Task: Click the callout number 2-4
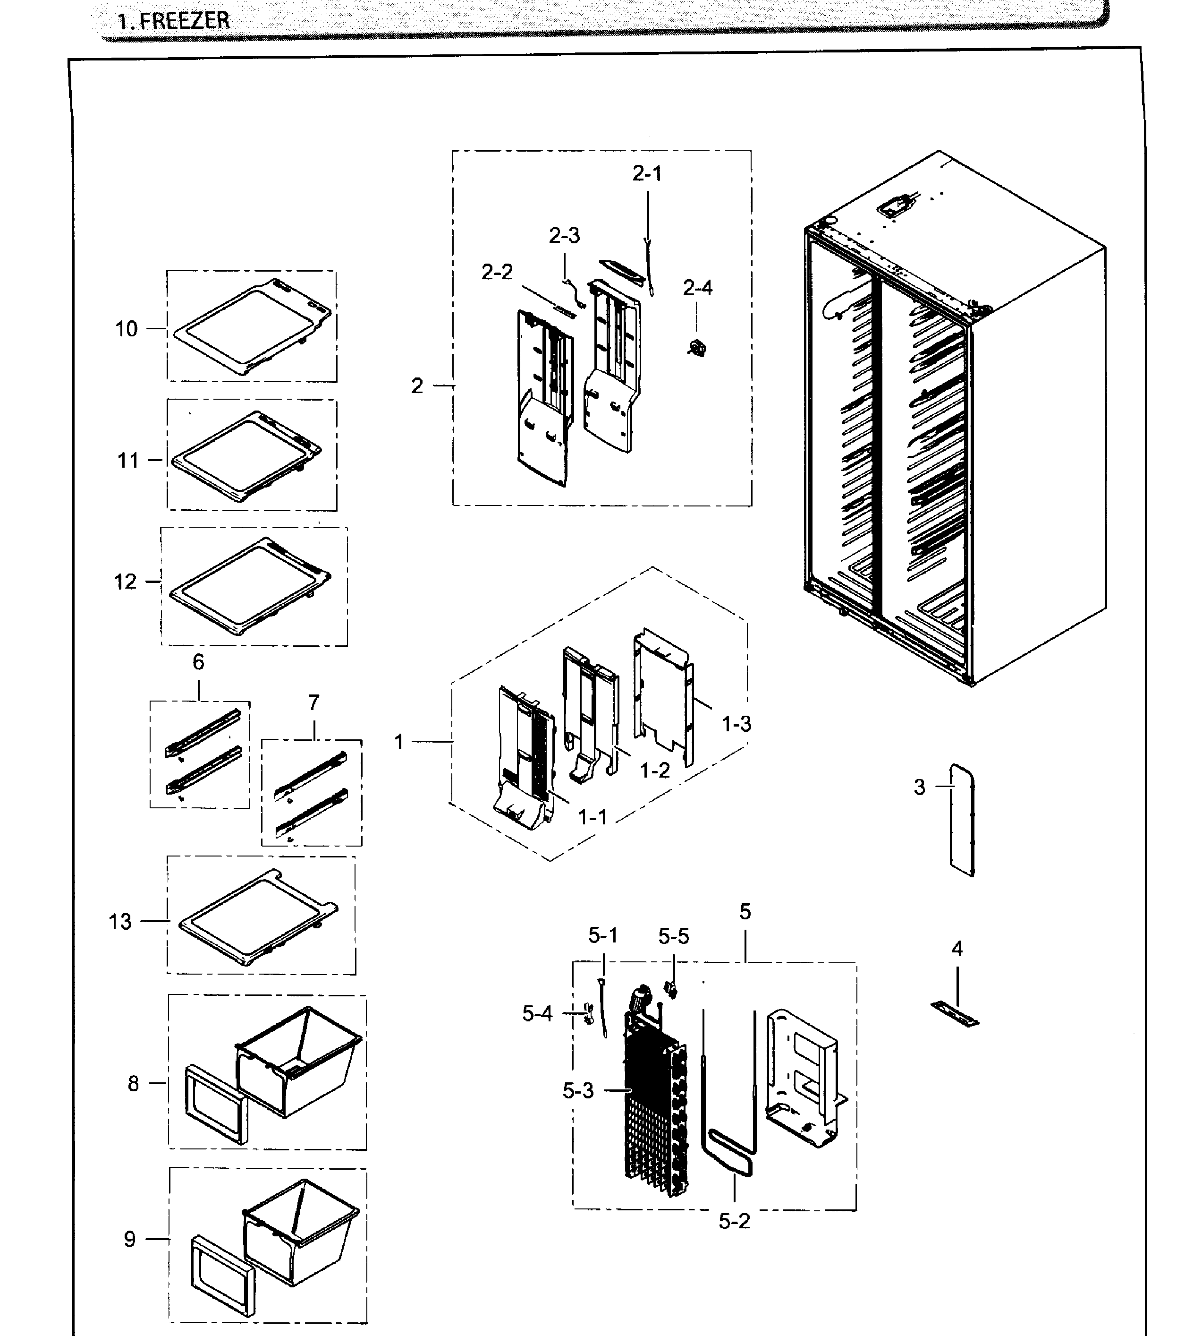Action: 697,288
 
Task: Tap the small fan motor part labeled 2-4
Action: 697,347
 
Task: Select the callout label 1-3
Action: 736,724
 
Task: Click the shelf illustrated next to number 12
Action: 251,585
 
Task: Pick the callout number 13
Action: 120,921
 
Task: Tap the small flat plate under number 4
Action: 955,1013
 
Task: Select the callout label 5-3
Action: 578,1091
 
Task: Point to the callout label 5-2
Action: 735,1222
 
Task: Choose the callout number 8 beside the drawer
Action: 134,1084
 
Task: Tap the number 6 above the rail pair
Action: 198,662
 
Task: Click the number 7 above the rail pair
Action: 313,702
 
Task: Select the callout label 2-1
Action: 647,174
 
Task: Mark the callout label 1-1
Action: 593,817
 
